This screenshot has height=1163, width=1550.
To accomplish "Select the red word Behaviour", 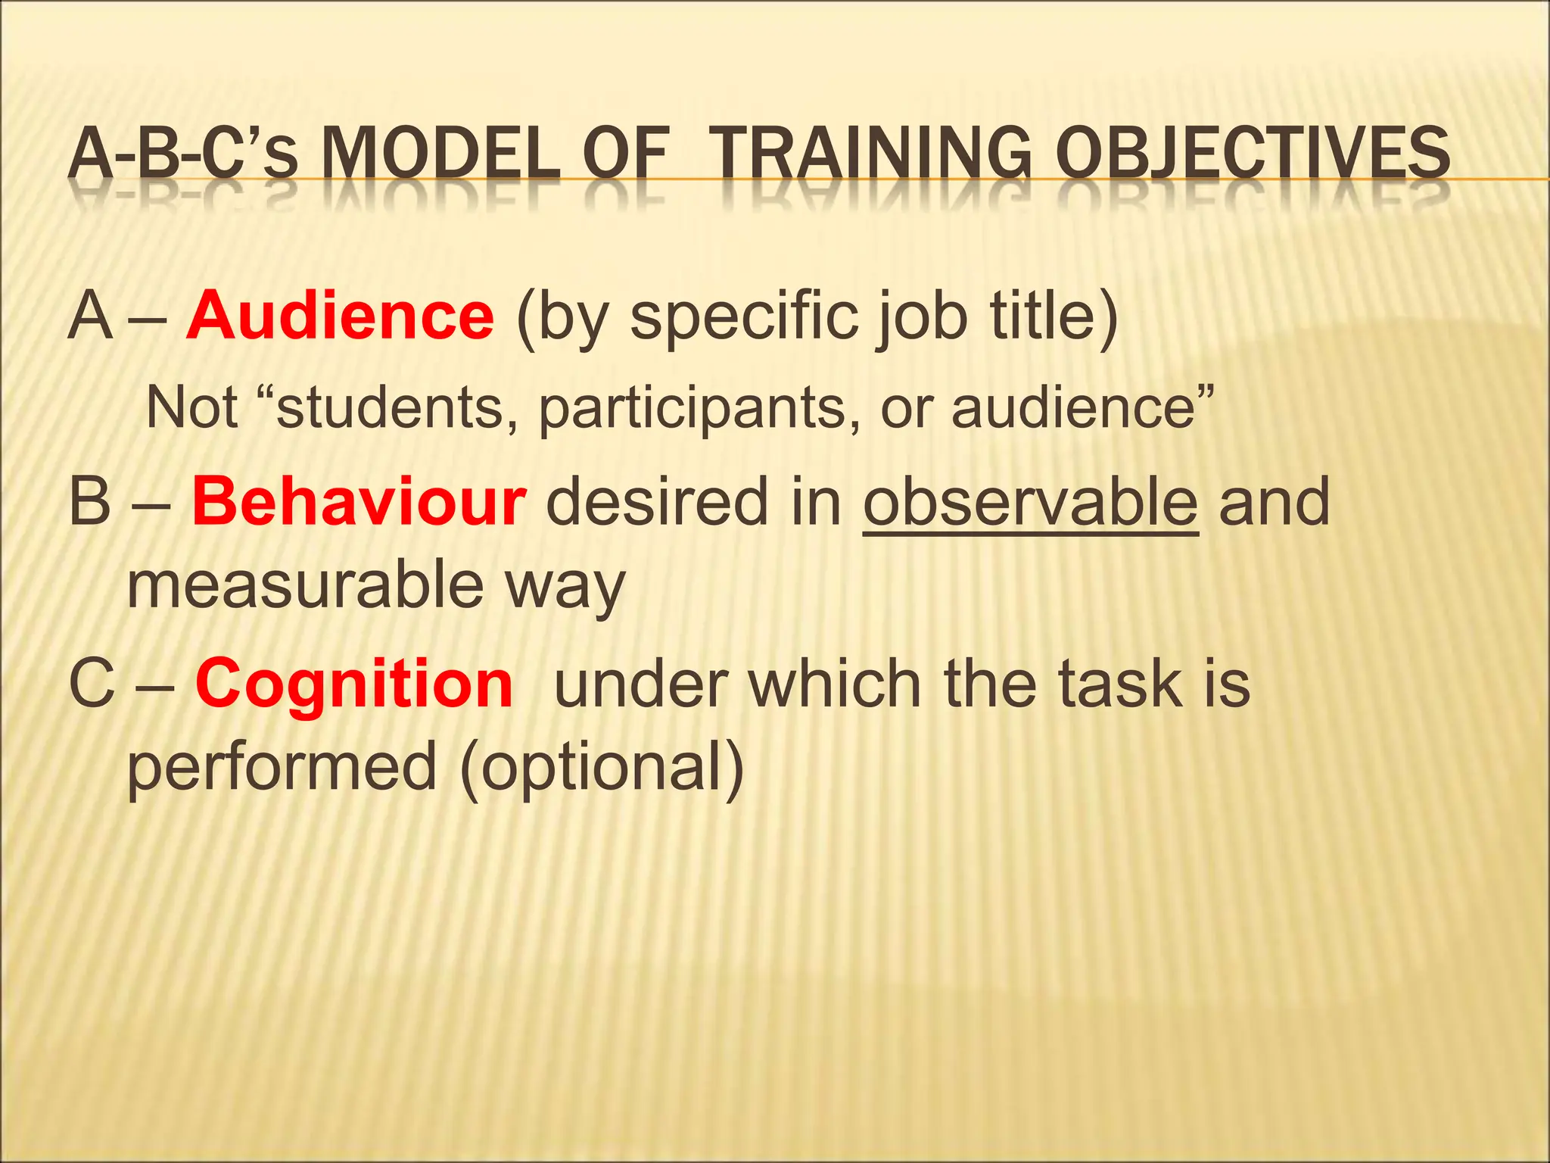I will [358, 502].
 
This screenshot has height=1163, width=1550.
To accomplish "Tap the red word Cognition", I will [354, 684].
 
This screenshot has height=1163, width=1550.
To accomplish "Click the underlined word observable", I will [1031, 502].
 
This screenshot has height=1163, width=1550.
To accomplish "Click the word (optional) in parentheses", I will [602, 767].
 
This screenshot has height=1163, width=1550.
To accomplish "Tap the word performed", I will [282, 767].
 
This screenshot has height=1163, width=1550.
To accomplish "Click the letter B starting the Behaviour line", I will [89, 502].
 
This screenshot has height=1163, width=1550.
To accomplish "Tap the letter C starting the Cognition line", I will [91, 684].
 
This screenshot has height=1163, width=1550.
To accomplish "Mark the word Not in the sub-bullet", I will [192, 407].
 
